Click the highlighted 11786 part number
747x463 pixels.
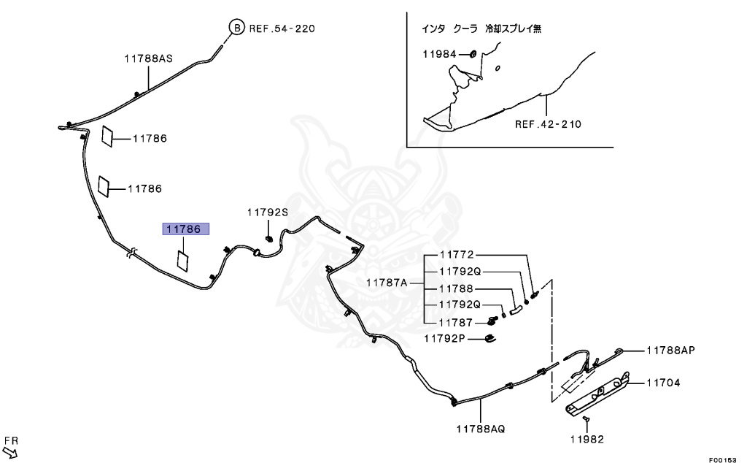185,229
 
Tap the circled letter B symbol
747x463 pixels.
237,28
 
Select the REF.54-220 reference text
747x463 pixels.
282,29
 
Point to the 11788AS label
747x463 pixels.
147,59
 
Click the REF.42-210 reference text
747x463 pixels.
548,124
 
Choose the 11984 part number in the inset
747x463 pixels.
439,54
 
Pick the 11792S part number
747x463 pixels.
267,213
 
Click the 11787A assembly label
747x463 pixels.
387,282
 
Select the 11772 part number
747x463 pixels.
457,255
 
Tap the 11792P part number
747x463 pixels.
445,337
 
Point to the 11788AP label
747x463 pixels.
670,350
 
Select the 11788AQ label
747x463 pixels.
481,429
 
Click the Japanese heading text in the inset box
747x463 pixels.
481,29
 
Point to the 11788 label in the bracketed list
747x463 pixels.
457,288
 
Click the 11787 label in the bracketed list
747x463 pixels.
457,321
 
